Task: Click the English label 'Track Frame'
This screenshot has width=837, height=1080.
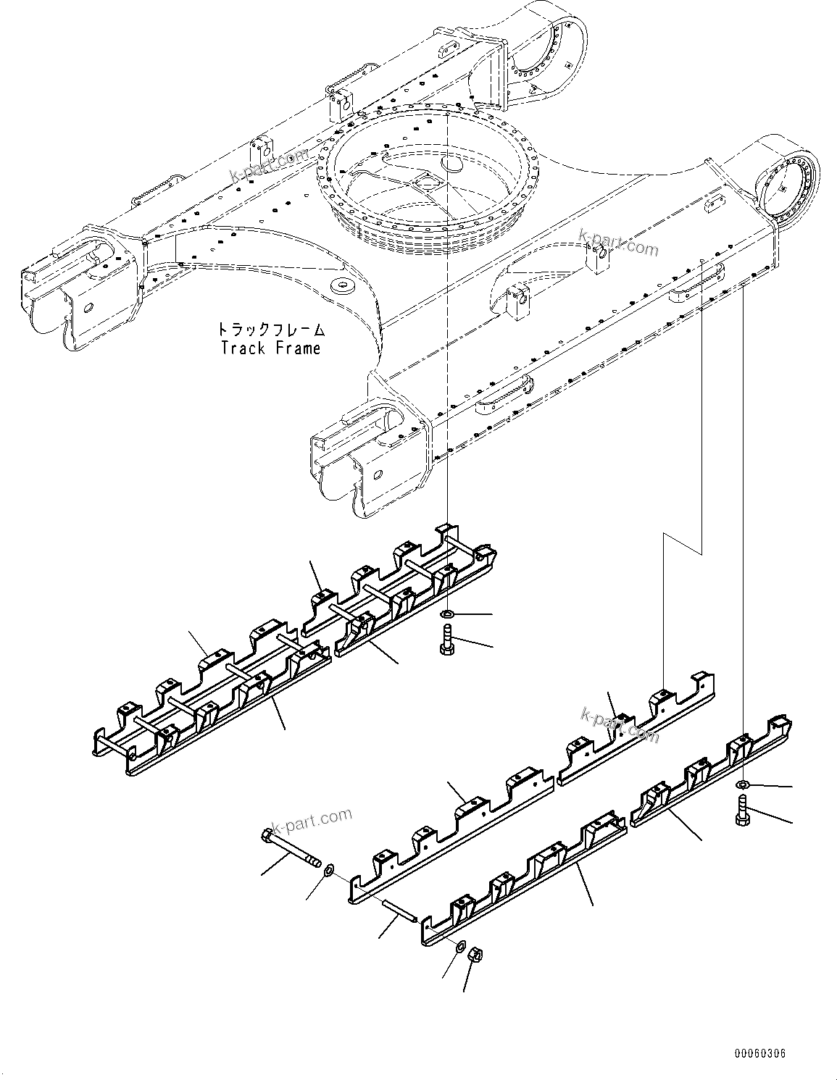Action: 270,348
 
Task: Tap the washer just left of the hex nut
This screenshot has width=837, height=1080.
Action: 461,946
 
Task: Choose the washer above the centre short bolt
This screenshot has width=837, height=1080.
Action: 448,615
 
